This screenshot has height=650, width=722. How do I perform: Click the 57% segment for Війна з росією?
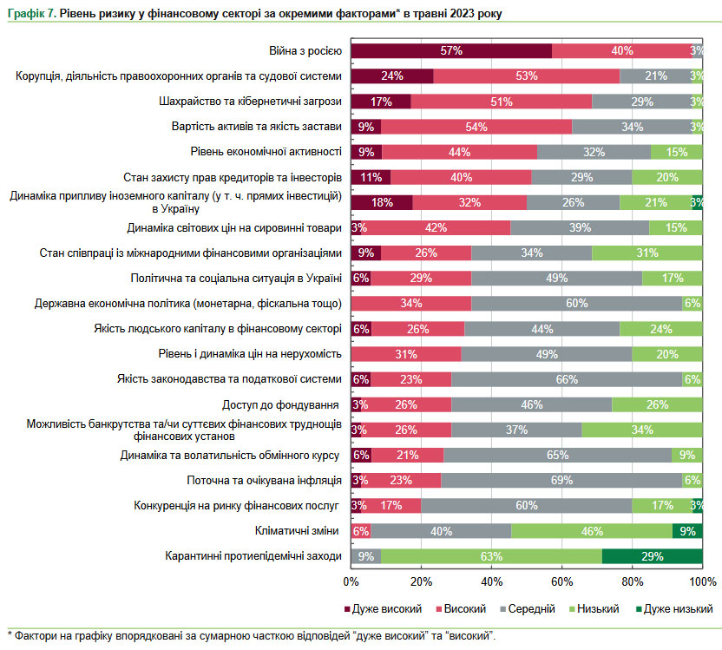[450, 51]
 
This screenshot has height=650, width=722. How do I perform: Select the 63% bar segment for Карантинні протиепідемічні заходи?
[491, 556]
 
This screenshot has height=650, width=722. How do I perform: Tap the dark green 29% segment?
[652, 556]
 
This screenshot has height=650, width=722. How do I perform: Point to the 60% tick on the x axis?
[561, 581]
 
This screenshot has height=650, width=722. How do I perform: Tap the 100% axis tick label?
[701, 581]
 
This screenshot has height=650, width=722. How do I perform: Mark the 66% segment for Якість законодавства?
[567, 379]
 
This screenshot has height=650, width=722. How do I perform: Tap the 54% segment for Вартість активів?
[476, 127]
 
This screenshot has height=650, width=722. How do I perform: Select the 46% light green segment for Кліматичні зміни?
[591, 531]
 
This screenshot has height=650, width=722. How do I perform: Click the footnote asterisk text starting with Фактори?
[252, 636]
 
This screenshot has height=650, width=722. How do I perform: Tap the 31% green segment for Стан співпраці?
[647, 253]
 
